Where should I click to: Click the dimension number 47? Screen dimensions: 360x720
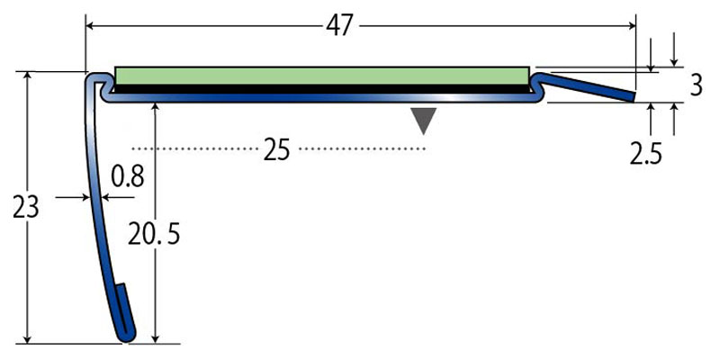point(338,26)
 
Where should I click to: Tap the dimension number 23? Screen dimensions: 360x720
point(26,208)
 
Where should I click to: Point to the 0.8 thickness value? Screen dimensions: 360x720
point(128,175)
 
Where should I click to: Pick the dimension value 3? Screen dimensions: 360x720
point(696,86)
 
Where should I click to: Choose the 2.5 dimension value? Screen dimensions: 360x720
point(645,154)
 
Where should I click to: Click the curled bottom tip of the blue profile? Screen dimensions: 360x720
point(128,335)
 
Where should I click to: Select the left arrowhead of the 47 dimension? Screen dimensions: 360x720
point(91,26)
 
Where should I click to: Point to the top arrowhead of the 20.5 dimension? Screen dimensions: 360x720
point(157,107)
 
